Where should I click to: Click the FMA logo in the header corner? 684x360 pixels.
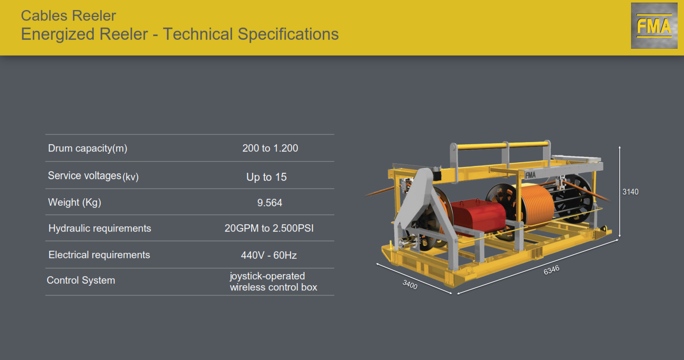click(x=654, y=25)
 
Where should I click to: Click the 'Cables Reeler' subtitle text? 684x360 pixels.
click(x=68, y=15)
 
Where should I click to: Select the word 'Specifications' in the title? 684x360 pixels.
click(x=288, y=34)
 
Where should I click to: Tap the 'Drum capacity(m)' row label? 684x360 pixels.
click(x=87, y=148)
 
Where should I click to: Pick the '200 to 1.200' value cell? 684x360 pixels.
click(x=270, y=148)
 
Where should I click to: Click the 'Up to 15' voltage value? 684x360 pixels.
click(x=267, y=177)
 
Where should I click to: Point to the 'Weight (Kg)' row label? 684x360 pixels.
click(x=75, y=203)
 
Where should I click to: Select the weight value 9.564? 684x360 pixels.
click(x=270, y=203)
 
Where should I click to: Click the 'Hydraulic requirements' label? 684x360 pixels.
click(x=100, y=229)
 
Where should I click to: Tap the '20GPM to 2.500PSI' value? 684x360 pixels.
click(x=269, y=229)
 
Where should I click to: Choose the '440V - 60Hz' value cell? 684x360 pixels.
click(x=269, y=255)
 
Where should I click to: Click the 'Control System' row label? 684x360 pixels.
click(x=81, y=280)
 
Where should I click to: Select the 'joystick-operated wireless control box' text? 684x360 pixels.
click(x=273, y=282)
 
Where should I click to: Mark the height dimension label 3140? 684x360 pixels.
click(x=630, y=192)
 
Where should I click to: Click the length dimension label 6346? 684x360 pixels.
click(x=552, y=270)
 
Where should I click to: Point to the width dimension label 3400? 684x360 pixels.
click(x=410, y=285)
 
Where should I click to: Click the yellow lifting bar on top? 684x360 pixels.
click(x=501, y=145)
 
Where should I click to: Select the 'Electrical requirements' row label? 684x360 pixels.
click(x=99, y=255)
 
